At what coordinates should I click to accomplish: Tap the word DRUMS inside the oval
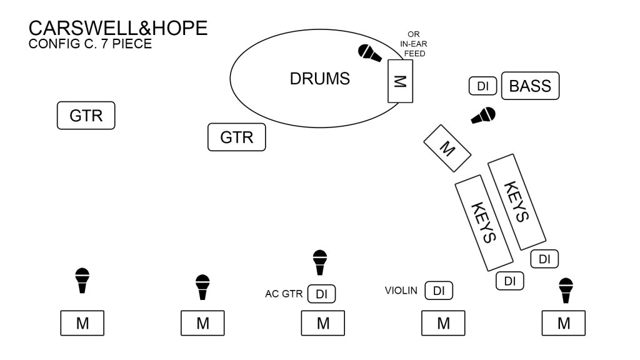point(319,79)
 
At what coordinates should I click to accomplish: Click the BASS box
point(530,86)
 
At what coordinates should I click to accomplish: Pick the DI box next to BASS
point(482,86)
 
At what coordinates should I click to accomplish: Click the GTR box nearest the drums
point(236,137)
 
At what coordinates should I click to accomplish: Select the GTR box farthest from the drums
point(86,116)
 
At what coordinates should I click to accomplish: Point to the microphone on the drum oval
point(369,53)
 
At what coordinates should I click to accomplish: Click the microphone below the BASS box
point(483,116)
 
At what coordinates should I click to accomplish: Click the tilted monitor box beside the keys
point(446,147)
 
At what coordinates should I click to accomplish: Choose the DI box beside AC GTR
point(322,294)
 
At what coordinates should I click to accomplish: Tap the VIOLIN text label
point(401,290)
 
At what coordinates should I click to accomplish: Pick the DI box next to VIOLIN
point(438,291)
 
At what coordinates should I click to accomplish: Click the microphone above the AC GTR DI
point(320,262)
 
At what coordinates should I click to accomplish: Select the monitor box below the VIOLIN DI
point(443,323)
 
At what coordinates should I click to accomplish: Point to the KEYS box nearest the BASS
point(517,202)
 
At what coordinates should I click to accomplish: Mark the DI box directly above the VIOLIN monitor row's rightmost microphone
point(544,258)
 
